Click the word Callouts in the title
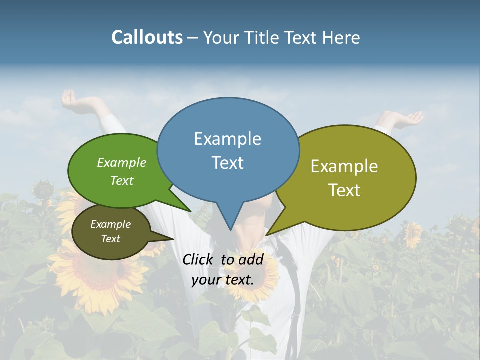[x=147, y=37]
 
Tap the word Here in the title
[x=342, y=38]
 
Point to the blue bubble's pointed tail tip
[x=230, y=229]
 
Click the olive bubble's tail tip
[x=267, y=235]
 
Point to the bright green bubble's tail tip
[x=190, y=211]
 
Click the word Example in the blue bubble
[x=227, y=139]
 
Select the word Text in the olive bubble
[x=345, y=190]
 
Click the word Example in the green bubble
[x=122, y=162]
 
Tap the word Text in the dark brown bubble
[x=111, y=239]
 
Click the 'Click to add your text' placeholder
[x=223, y=269]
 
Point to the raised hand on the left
[x=71, y=98]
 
